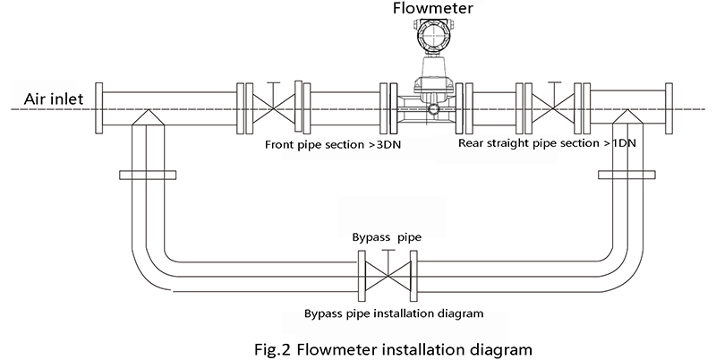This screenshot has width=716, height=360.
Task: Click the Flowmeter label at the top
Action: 432,8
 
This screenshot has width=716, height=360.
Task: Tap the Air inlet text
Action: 54,99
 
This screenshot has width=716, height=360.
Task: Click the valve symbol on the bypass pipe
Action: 388,277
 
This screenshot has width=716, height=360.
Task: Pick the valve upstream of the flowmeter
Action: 274,108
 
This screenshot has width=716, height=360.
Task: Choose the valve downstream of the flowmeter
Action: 554,108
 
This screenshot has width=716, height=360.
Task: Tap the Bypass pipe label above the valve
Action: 387,237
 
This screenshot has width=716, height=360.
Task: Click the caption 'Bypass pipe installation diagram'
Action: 394,313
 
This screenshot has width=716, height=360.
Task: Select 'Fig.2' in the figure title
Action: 272,349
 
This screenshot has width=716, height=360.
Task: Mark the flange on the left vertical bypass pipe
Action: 148,175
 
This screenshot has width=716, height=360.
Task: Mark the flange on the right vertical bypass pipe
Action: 626,175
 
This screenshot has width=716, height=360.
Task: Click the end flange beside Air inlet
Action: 98,108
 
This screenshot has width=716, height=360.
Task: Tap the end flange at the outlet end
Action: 669,108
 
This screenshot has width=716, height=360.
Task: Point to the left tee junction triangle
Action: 148,117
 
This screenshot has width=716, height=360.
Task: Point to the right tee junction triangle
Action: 626,117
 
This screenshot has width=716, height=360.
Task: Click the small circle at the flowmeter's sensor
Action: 433,108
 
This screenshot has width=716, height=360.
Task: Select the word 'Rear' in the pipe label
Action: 469,143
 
